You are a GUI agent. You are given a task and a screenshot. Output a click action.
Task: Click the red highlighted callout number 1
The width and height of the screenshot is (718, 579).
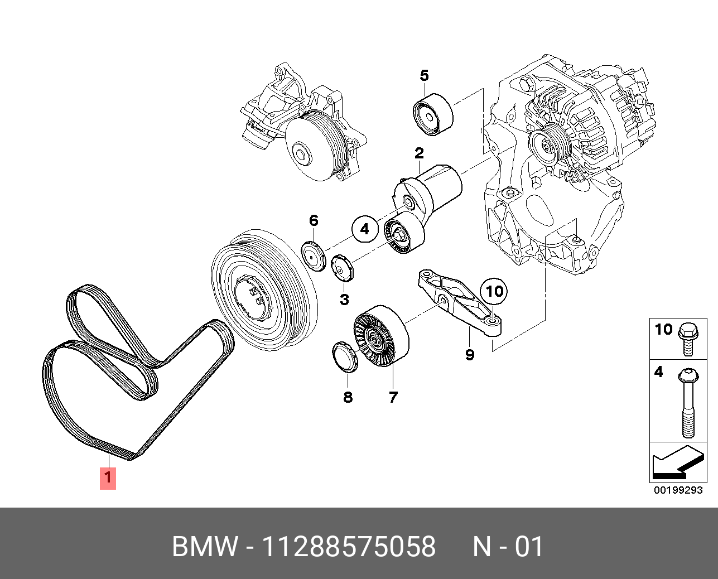pos(108,478)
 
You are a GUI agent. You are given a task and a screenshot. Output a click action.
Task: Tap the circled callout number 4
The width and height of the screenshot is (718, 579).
pos(364,229)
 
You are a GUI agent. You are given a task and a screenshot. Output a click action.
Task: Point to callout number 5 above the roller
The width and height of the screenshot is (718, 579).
pos(424,75)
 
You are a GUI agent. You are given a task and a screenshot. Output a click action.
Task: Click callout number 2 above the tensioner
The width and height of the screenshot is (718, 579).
pos(419,153)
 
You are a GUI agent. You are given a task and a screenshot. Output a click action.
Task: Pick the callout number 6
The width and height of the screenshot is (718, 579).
pos(314,221)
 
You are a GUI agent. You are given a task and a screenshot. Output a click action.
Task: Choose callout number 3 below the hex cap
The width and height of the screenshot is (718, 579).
pos(344,300)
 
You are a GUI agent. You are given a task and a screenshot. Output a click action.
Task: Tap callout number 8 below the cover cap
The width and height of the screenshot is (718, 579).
pos(348,397)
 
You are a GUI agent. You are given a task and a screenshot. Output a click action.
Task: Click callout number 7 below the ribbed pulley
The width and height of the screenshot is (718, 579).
pos(393,397)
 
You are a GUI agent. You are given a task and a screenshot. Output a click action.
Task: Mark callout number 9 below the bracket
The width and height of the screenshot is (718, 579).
pos(470,354)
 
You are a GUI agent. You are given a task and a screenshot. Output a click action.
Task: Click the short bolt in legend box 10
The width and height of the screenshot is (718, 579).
pos(686,340)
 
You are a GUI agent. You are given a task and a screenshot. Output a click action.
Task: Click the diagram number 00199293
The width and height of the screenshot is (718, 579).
pos(678,491)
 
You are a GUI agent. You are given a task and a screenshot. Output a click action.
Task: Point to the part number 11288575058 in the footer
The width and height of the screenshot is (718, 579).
pos(349,547)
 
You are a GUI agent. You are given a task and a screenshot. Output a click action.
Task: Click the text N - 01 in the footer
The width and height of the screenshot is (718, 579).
pos(508,547)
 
